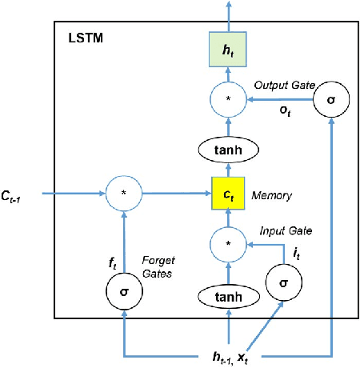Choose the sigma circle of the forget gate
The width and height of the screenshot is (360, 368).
tap(124, 292)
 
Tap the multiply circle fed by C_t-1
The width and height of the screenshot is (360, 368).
tap(124, 193)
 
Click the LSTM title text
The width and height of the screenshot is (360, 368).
tap(84, 37)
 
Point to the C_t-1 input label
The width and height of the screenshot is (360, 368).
tap(19, 193)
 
